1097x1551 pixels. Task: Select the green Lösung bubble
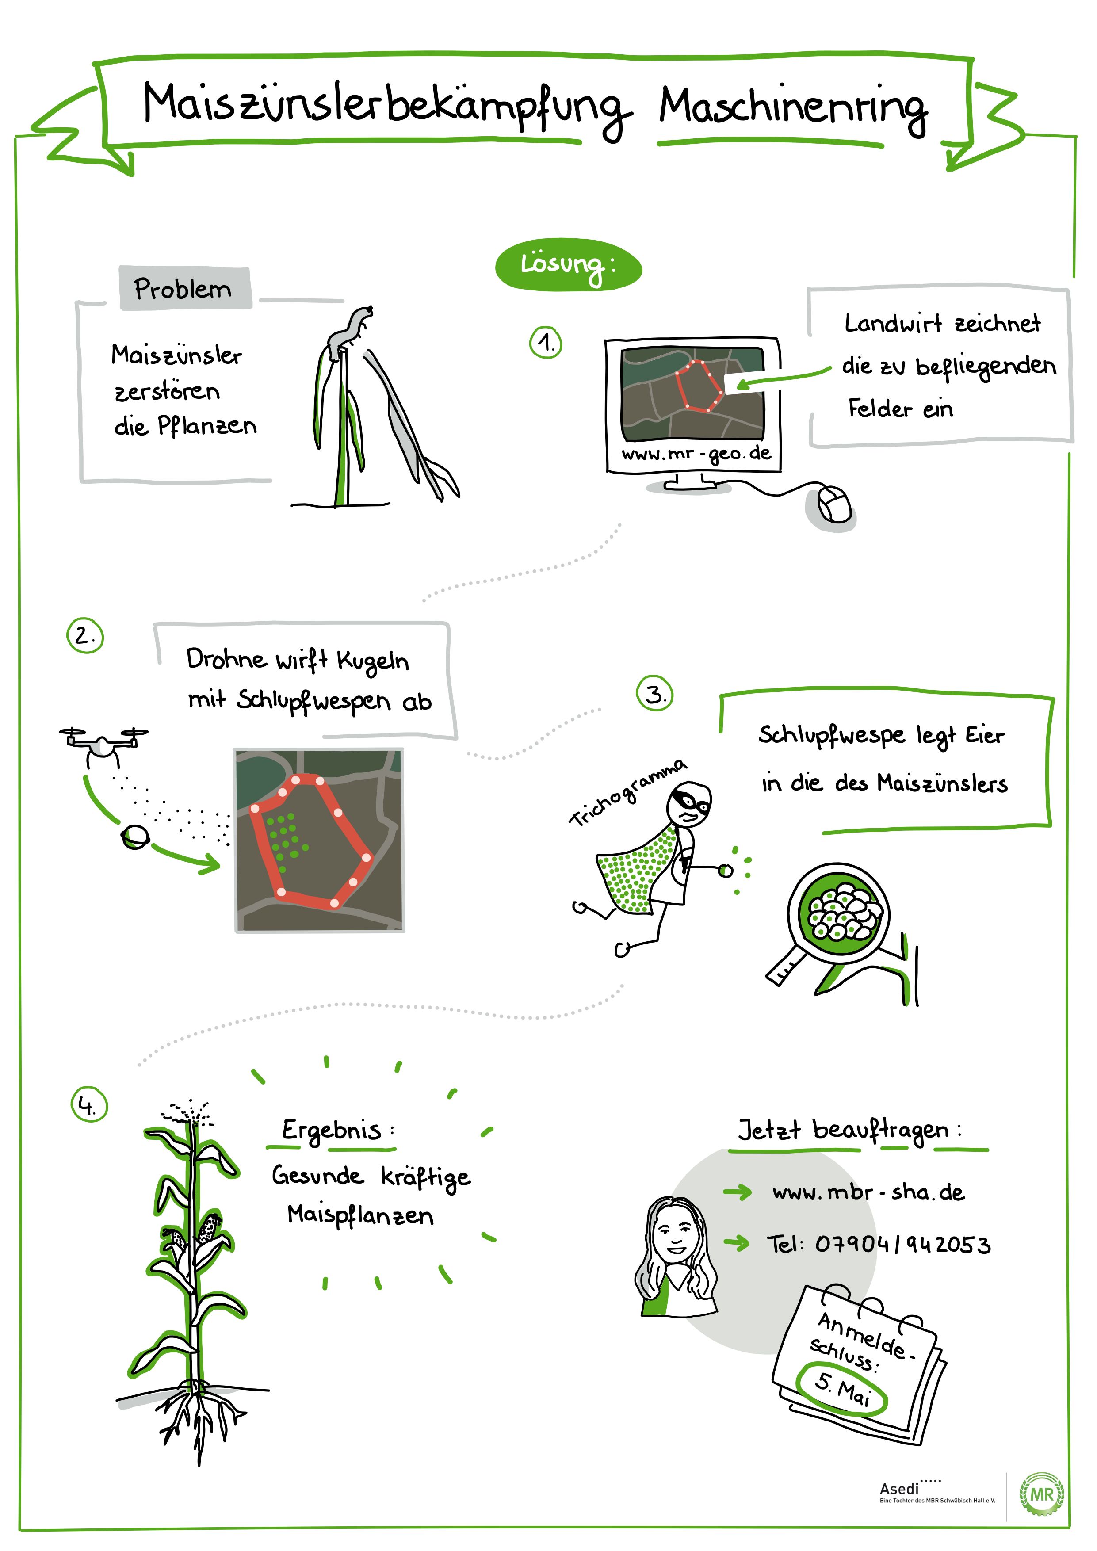pyautogui.click(x=568, y=265)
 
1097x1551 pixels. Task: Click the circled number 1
pyautogui.click(x=546, y=343)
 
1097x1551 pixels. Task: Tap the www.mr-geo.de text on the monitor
pyautogui.click(x=696, y=453)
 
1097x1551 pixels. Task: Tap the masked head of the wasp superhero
pyautogui.click(x=689, y=804)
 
